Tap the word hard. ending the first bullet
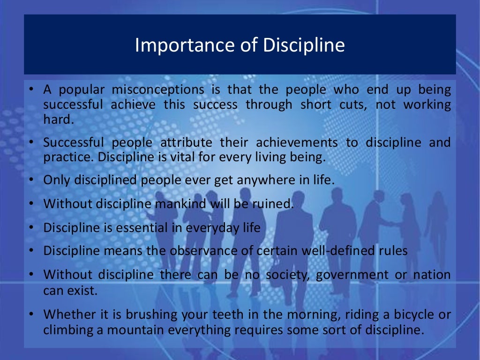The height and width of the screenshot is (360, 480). tap(59, 120)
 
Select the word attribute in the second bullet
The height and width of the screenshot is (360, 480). tap(187, 142)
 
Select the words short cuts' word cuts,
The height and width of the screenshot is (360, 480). tap(352, 105)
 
